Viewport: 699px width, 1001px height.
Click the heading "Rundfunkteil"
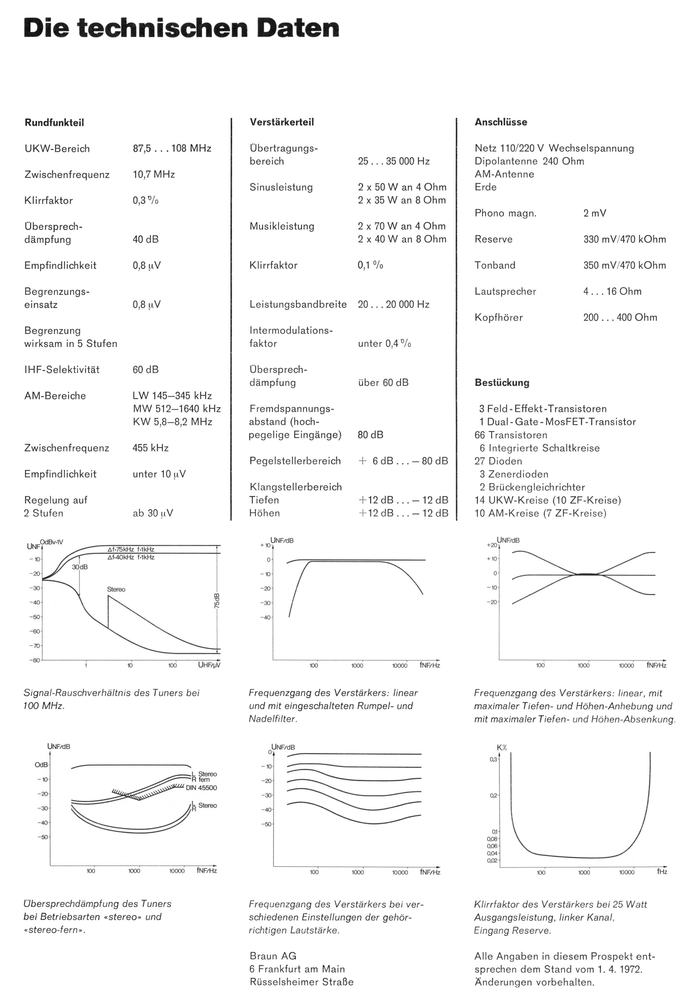click(54, 122)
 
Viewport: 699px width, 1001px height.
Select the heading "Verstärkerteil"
click(282, 122)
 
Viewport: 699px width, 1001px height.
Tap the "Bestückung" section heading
click(502, 383)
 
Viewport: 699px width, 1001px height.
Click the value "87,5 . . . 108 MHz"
click(172, 149)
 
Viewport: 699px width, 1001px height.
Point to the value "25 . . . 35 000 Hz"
click(394, 161)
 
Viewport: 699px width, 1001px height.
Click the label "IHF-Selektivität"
click(62, 370)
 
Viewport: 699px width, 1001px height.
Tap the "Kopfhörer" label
click(498, 317)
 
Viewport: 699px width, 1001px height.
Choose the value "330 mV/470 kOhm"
click(625, 239)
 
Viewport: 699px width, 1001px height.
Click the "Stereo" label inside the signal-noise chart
click(116, 589)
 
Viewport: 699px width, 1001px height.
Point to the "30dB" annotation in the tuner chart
click(80, 567)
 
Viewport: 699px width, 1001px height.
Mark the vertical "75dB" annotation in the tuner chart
click(217, 601)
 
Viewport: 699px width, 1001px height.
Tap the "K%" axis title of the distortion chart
click(502, 748)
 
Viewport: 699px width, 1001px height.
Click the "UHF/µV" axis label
click(209, 665)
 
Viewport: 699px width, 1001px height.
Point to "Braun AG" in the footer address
click(273, 956)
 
